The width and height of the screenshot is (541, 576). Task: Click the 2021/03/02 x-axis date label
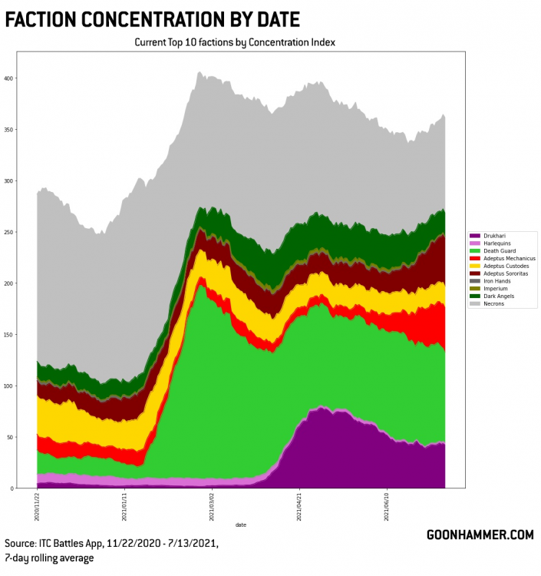212,507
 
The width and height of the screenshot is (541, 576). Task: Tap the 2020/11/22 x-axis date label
37,507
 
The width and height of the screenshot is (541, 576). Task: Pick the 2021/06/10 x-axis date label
387,507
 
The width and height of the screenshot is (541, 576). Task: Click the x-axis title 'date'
241,525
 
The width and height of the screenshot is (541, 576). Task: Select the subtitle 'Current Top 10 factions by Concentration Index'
235,42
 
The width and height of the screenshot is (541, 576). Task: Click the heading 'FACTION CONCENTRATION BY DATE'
152,18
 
